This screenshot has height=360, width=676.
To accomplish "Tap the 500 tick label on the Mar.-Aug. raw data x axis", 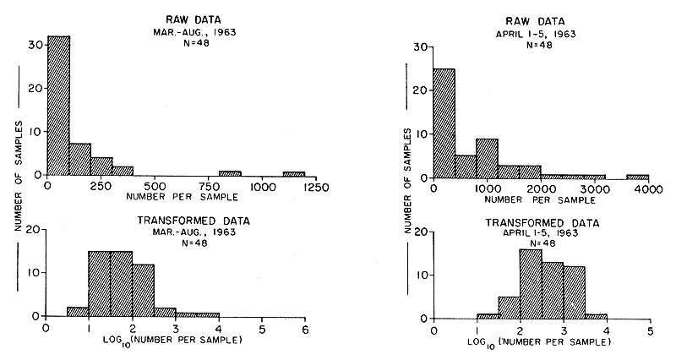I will (x=154, y=185).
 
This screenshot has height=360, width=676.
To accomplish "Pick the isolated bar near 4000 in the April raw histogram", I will (x=637, y=177).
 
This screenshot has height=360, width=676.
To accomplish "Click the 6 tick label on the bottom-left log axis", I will (x=305, y=329).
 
